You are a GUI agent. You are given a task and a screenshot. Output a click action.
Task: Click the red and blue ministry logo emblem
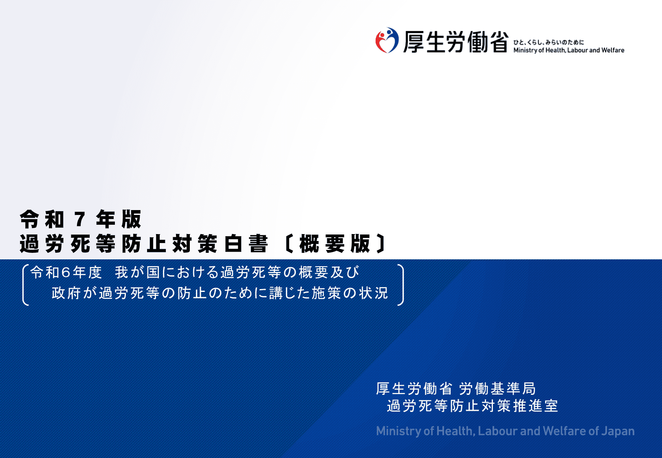pyautogui.click(x=387, y=40)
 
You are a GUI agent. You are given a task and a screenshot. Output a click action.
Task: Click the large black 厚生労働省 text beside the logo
pyautogui.click(x=456, y=42)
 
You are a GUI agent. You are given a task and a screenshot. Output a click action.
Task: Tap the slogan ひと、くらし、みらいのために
pyautogui.click(x=548, y=42)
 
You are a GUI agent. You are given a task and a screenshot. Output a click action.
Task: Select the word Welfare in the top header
pyautogui.click(x=613, y=50)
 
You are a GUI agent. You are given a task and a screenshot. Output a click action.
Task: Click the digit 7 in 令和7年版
pyautogui.click(x=80, y=220)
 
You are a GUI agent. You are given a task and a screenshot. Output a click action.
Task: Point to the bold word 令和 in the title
pyautogui.click(x=42, y=220)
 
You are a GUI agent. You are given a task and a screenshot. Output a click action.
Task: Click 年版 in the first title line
pyautogui.click(x=119, y=220)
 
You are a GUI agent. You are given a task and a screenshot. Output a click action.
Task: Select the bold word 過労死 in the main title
pyautogui.click(x=55, y=244)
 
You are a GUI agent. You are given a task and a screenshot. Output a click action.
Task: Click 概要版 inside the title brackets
pyautogui.click(x=334, y=244)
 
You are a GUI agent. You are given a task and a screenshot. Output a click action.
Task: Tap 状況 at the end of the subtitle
pyautogui.click(x=374, y=293)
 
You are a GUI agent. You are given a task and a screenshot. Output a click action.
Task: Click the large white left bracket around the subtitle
pyautogui.click(x=25, y=285)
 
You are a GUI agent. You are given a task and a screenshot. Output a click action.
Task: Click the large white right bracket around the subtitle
pyautogui.click(x=401, y=285)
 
